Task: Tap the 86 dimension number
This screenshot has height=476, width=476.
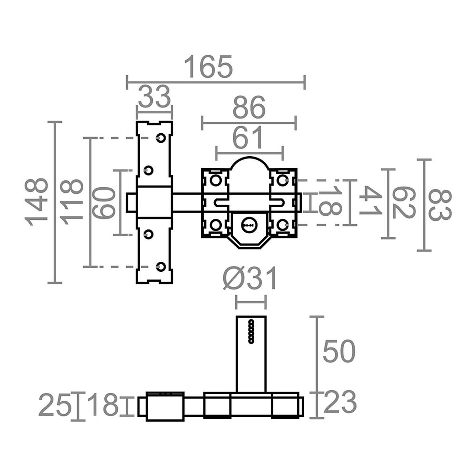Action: [x=249, y=108]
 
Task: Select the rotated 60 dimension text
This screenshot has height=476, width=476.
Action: [x=104, y=202]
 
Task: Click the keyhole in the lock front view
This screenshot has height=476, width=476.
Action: [x=249, y=225]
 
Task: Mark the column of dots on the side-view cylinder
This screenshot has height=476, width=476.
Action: [x=251, y=330]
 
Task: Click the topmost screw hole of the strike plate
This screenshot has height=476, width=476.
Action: [x=161, y=138]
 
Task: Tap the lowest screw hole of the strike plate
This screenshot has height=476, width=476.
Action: [x=161, y=266]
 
